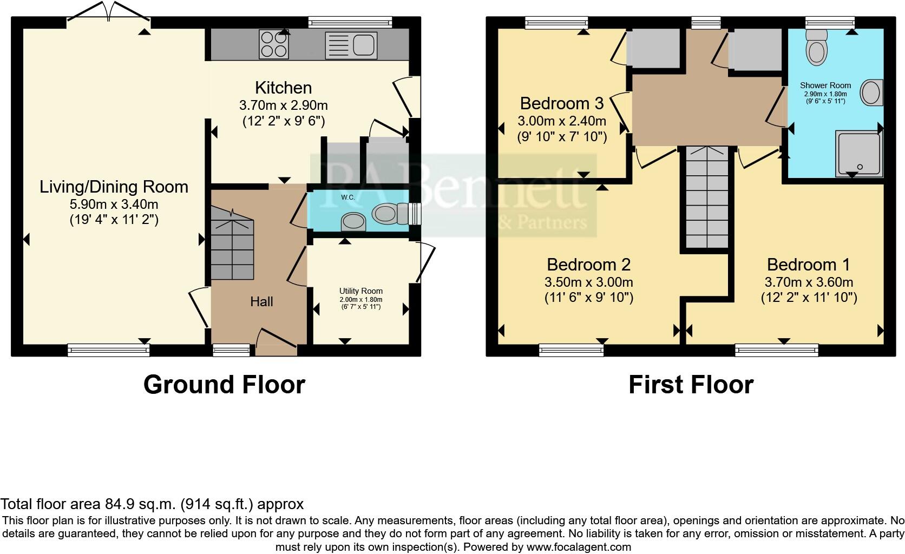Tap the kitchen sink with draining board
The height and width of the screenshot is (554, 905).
coord(351,44)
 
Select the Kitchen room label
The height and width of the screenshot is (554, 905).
coord(283,88)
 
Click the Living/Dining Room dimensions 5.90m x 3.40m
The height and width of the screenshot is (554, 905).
coord(114,205)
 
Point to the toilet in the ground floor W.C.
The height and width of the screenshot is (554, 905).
coord(388,214)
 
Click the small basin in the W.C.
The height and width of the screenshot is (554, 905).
coord(353,221)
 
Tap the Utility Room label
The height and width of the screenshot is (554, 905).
coord(360,291)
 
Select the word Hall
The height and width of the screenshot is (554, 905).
coord(261,302)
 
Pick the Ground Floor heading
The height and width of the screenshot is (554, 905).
coord(224,385)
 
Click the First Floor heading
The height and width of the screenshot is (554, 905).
coord(691,385)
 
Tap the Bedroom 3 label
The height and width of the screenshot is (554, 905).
coord(561,103)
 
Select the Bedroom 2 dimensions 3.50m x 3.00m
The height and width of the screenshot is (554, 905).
coord(588,282)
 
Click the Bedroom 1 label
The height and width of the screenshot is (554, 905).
coord(808,265)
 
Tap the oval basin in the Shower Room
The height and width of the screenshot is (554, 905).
coord(871,93)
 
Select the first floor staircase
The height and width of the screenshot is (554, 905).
coord(707,197)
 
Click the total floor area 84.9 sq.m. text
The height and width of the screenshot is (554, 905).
coord(152,504)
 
